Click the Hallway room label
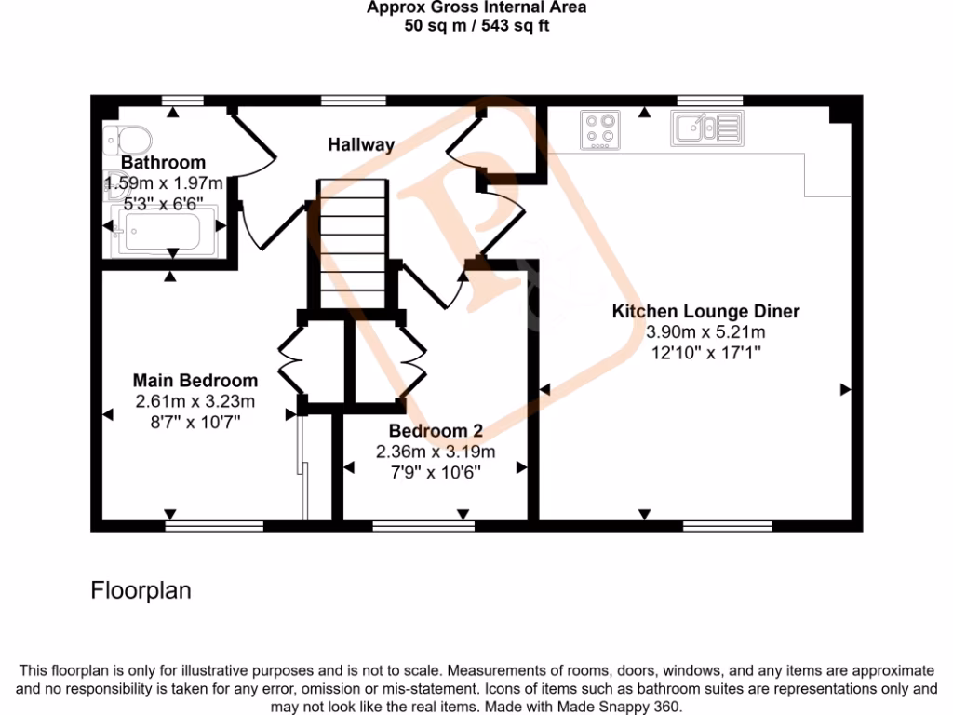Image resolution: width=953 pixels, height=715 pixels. [361, 144]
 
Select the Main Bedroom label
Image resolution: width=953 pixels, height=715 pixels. [195, 381]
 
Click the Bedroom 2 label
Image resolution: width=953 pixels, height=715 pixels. [436, 431]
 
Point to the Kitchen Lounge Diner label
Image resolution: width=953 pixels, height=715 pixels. [705, 311]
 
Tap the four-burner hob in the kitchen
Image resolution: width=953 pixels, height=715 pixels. [600, 129]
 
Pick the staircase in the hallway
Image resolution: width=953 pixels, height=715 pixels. [351, 244]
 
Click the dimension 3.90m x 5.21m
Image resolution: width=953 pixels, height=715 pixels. [705, 332]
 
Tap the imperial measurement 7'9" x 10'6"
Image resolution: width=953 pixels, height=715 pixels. [436, 472]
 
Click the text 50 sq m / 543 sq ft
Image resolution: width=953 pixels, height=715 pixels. [476, 26]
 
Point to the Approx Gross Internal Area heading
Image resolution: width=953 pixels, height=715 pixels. [476, 8]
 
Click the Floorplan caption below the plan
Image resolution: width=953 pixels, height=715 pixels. [141, 590]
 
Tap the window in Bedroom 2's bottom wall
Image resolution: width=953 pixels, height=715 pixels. [423, 526]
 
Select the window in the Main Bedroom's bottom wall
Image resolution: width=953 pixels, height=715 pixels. [214, 526]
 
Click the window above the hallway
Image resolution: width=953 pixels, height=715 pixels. [354, 100]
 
